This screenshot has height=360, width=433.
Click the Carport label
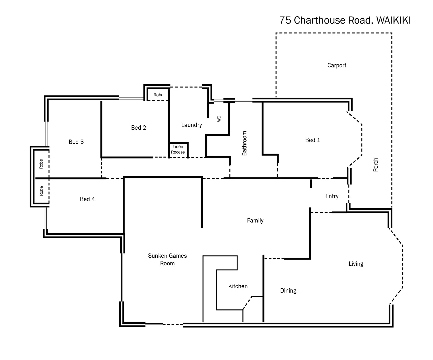(337, 65)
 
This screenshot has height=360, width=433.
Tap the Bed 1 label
(312, 140)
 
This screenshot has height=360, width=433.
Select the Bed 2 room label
(138, 128)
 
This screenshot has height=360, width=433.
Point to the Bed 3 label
(76, 142)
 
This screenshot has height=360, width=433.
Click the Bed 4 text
(87, 199)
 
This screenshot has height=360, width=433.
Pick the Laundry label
(191, 125)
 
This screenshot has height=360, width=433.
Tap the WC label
(219, 119)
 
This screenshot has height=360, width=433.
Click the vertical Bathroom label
(244, 143)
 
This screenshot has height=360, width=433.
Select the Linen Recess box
(178, 149)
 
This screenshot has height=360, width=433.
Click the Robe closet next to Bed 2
(158, 95)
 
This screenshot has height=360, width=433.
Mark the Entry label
(332, 196)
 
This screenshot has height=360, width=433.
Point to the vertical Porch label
(376, 165)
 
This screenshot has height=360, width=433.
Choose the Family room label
(255, 220)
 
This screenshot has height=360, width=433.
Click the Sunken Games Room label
(167, 259)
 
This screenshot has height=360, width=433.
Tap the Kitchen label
(238, 286)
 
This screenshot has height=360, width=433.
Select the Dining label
(288, 291)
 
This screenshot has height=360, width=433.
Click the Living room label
(356, 264)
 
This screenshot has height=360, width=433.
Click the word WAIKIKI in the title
(393, 20)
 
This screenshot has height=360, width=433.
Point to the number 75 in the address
(285, 20)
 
